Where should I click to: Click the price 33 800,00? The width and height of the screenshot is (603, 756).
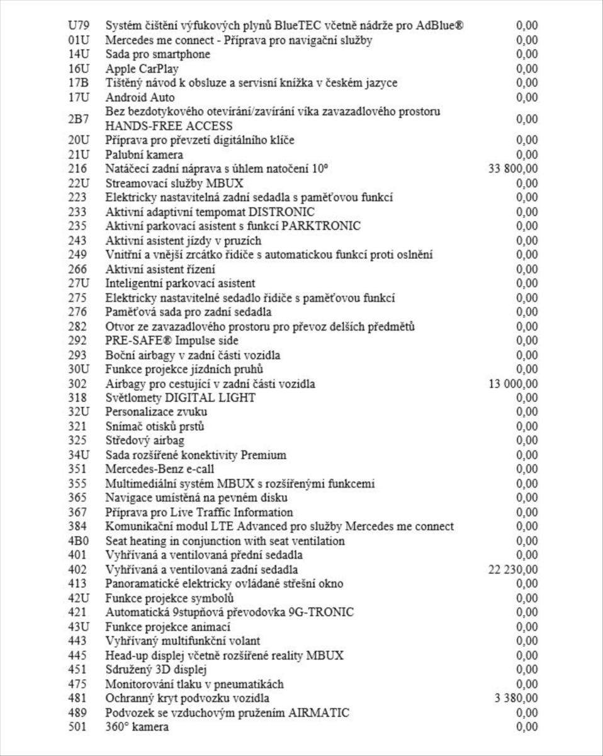point(513,168)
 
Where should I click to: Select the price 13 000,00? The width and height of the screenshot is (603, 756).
point(513,384)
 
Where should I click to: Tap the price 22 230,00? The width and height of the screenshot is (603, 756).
point(513,570)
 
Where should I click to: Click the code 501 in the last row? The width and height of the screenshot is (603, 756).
point(78,726)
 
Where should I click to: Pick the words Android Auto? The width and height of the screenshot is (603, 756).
point(140,97)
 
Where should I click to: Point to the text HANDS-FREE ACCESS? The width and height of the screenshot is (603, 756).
point(169,126)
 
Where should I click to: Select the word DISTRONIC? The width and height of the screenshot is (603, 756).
point(281,212)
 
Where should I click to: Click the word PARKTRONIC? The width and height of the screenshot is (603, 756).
point(322,226)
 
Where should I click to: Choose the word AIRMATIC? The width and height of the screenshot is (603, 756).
point(319,713)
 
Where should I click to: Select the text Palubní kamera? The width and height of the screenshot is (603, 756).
point(144,154)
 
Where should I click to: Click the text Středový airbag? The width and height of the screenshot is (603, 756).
point(145,440)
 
